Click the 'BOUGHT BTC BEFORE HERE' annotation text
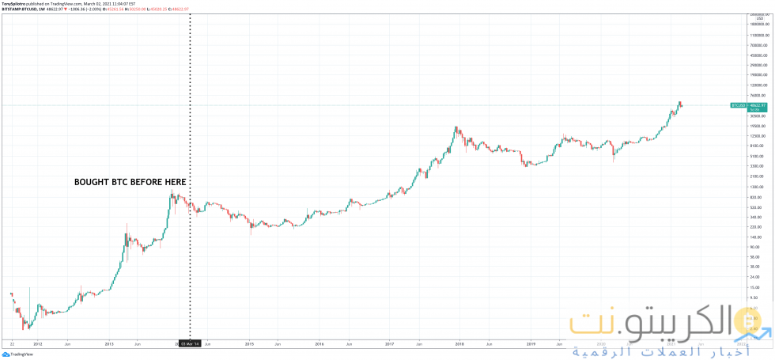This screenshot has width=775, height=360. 130,182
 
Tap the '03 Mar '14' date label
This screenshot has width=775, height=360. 191,344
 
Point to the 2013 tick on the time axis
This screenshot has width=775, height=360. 109,344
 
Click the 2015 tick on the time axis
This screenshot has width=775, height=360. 249,344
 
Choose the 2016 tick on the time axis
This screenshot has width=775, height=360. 319,344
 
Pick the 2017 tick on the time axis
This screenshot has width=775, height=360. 390,344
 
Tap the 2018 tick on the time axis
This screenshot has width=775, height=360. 459,344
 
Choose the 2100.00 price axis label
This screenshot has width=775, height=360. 758,176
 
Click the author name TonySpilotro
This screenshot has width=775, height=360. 13,3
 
